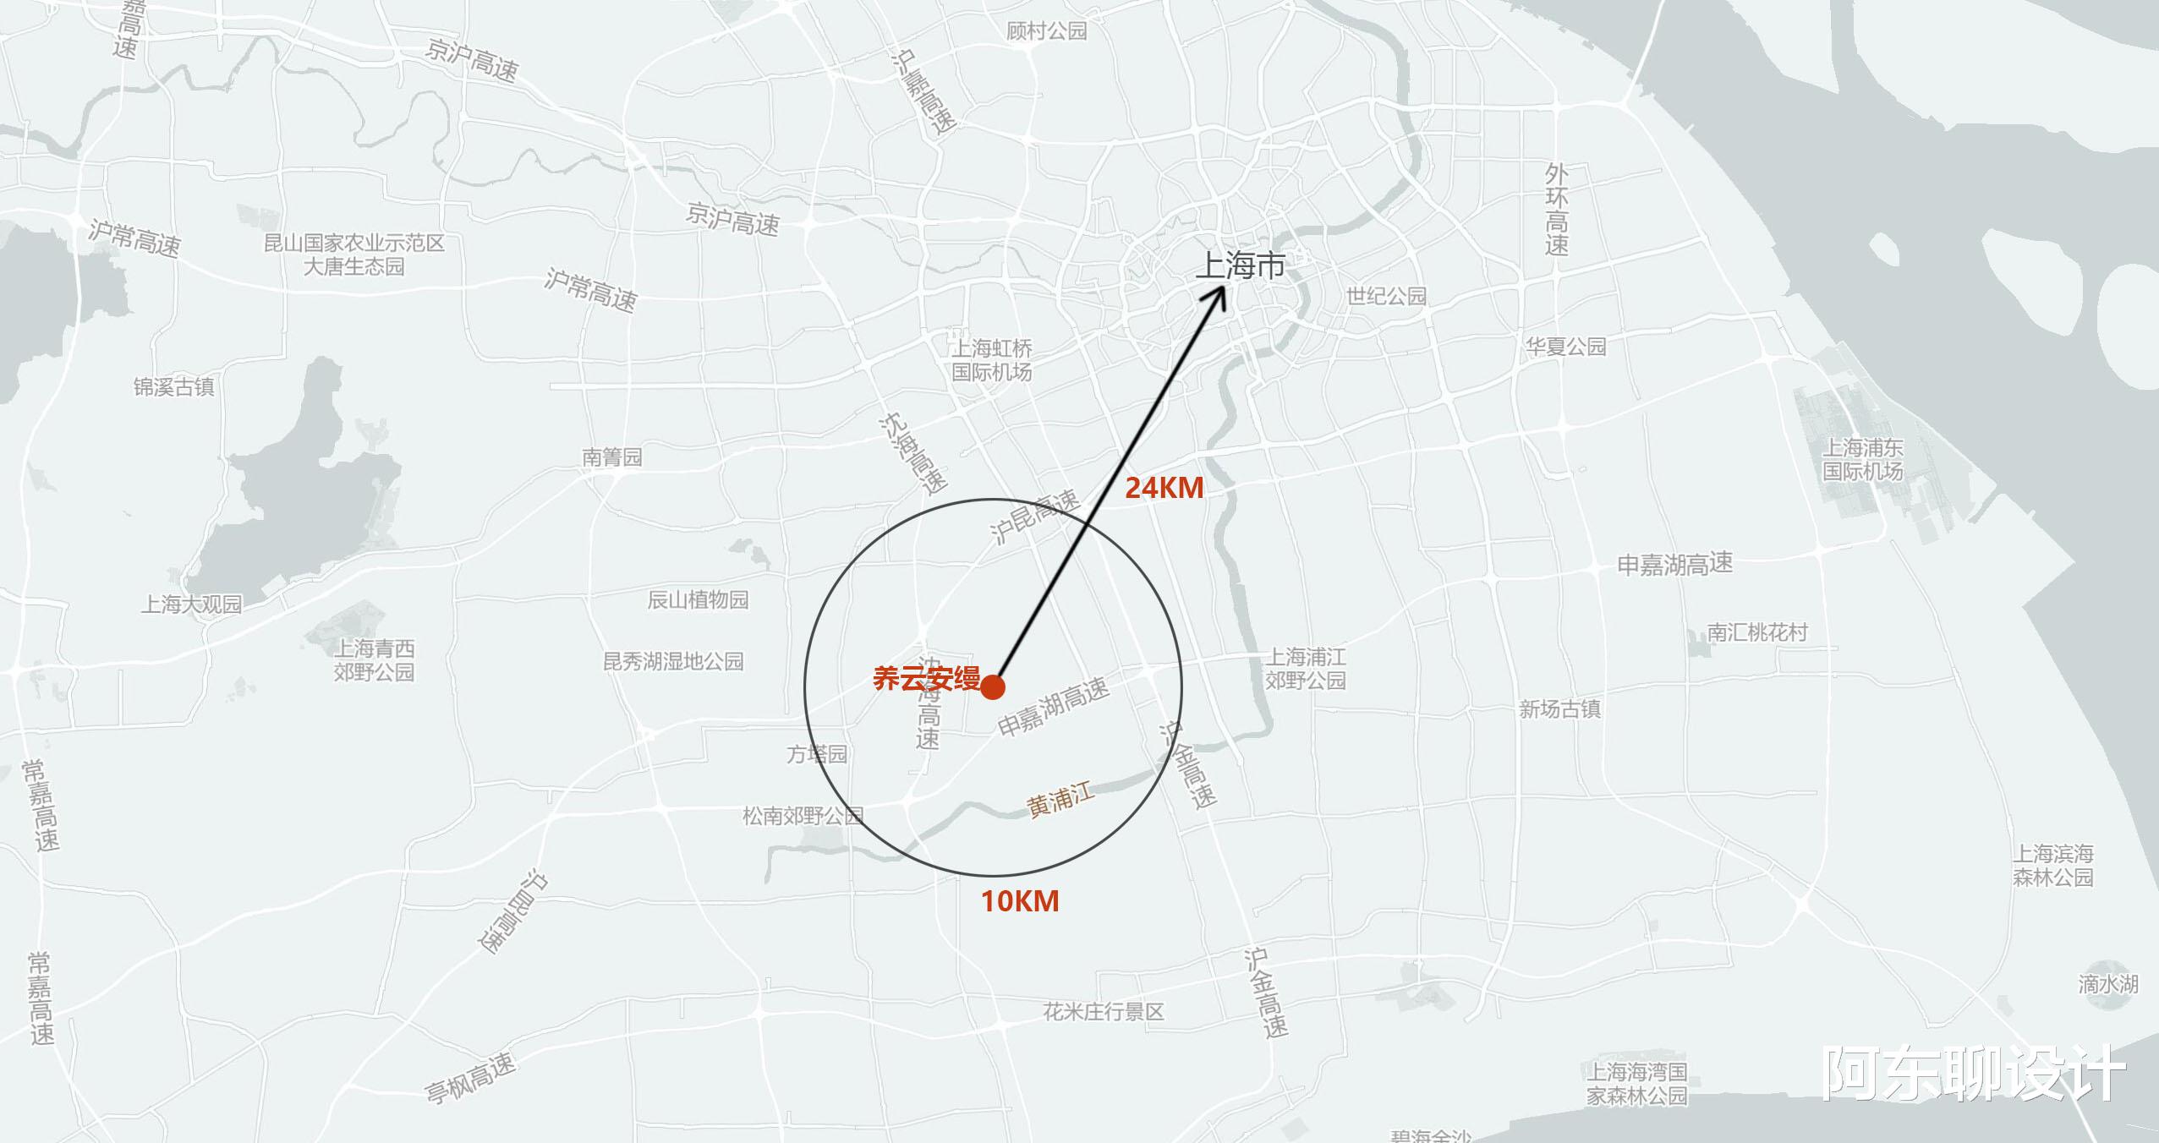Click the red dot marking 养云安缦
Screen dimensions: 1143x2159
[x=993, y=686]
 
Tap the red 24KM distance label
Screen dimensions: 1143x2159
[x=1164, y=488]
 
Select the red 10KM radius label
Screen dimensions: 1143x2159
[x=1019, y=901]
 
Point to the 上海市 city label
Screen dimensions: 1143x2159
[x=1240, y=266]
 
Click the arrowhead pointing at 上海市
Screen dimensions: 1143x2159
[x=1220, y=294]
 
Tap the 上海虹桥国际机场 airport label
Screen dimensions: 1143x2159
[x=992, y=360]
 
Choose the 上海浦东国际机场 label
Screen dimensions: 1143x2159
[x=1862, y=459]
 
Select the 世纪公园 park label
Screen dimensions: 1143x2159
[x=1386, y=296]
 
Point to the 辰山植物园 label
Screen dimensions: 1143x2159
[x=698, y=600]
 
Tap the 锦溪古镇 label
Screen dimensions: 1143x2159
[x=173, y=387]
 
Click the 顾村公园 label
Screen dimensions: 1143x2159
[x=1046, y=31]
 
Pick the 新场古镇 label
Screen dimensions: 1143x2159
[x=1559, y=709]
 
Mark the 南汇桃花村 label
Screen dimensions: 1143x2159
[x=1756, y=632]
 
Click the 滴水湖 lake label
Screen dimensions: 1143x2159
[x=2108, y=984]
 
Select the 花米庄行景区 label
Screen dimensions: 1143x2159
[x=1104, y=1011]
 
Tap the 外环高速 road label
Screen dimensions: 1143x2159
[x=1556, y=210]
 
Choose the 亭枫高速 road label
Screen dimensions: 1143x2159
[x=470, y=1078]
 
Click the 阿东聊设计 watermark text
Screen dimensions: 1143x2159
[x=1973, y=1075]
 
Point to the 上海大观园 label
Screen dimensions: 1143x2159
[x=191, y=604]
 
